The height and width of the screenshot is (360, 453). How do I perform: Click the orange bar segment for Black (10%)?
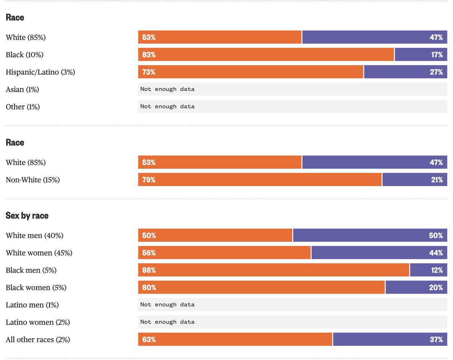pos(266,55)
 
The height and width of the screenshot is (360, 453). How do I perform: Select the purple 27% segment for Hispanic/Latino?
pos(405,72)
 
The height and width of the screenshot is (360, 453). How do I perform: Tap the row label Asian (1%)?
pos(22,89)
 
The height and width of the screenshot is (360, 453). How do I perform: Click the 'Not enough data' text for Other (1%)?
pos(167,106)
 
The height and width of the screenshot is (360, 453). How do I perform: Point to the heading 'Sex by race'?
pos(27,215)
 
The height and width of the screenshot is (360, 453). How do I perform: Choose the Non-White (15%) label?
pos(32,180)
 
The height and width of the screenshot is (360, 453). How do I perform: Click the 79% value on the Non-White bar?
pos(149,180)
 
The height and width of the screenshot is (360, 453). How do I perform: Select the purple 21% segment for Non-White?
pos(414,180)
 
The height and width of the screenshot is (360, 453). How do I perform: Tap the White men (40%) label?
pos(34,235)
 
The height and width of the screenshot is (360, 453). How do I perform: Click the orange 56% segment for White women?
pos(224,253)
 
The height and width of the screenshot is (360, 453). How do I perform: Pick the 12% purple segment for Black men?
pos(428,270)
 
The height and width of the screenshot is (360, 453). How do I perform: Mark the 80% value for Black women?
pos(149,288)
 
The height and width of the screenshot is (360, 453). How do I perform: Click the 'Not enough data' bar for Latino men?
pos(293,305)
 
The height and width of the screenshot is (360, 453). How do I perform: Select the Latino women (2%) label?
pos(38,322)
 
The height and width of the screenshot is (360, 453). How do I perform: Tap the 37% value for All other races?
pos(436,340)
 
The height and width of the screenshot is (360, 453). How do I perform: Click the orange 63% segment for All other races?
pos(235,340)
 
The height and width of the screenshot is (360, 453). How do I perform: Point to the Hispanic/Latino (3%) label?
pos(40,72)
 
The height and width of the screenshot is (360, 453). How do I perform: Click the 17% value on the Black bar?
pos(436,55)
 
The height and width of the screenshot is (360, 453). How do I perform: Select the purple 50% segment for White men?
pos(370,235)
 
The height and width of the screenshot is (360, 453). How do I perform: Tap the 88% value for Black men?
pos(149,270)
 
